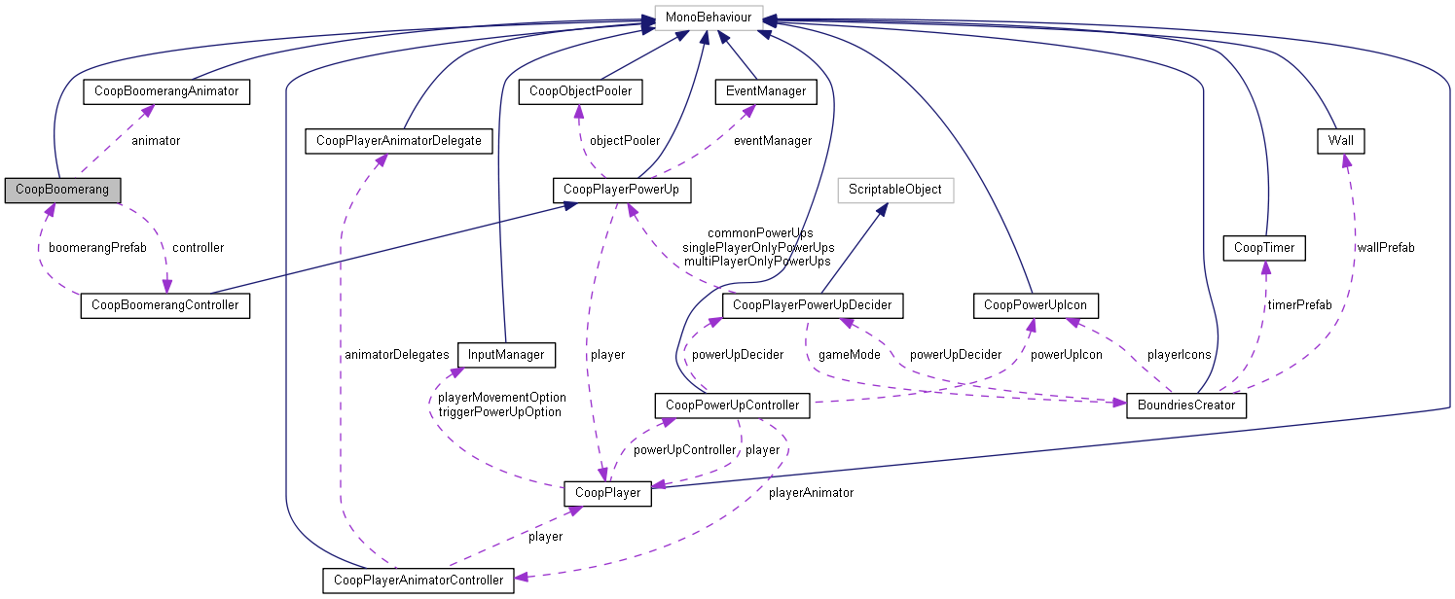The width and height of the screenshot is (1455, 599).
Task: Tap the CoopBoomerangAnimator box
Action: click(x=166, y=91)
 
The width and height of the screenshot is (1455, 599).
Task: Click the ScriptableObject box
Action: click(x=894, y=189)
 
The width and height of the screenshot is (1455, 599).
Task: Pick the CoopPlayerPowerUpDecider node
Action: click(x=813, y=306)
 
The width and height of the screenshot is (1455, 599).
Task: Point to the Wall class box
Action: click(x=1339, y=141)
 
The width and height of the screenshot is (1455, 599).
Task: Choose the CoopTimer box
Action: click(x=1263, y=248)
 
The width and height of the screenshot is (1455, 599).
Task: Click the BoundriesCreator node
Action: click(x=1185, y=405)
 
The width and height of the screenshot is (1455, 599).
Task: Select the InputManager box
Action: click(x=506, y=355)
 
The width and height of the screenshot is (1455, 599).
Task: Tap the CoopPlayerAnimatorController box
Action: click(x=418, y=581)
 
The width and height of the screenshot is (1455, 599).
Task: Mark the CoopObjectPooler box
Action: click(x=580, y=91)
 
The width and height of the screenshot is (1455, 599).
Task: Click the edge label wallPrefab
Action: click(x=1387, y=247)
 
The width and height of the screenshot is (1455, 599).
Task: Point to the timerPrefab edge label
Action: click(x=1299, y=304)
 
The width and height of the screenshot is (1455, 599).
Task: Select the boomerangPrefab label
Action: click(x=98, y=247)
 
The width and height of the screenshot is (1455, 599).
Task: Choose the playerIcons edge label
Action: click(x=1179, y=354)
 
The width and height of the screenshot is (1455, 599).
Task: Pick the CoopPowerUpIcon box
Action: click(x=1036, y=306)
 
